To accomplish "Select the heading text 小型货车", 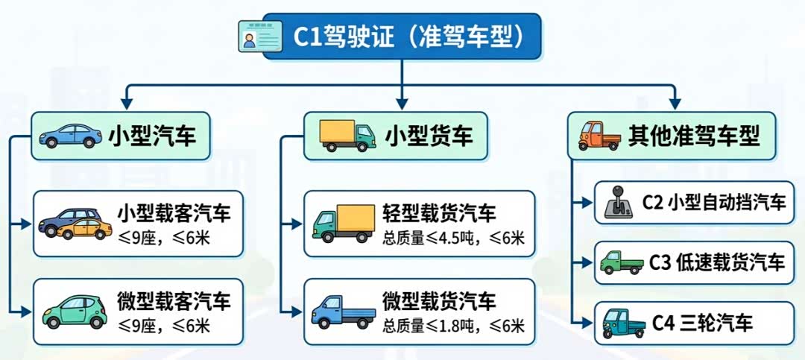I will [428, 136].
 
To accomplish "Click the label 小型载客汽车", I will [173, 213].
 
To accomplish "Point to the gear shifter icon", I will [619, 202].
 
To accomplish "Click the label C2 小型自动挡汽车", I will [714, 202].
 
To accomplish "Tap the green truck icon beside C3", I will [620, 262].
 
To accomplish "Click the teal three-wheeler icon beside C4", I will [620, 322].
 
